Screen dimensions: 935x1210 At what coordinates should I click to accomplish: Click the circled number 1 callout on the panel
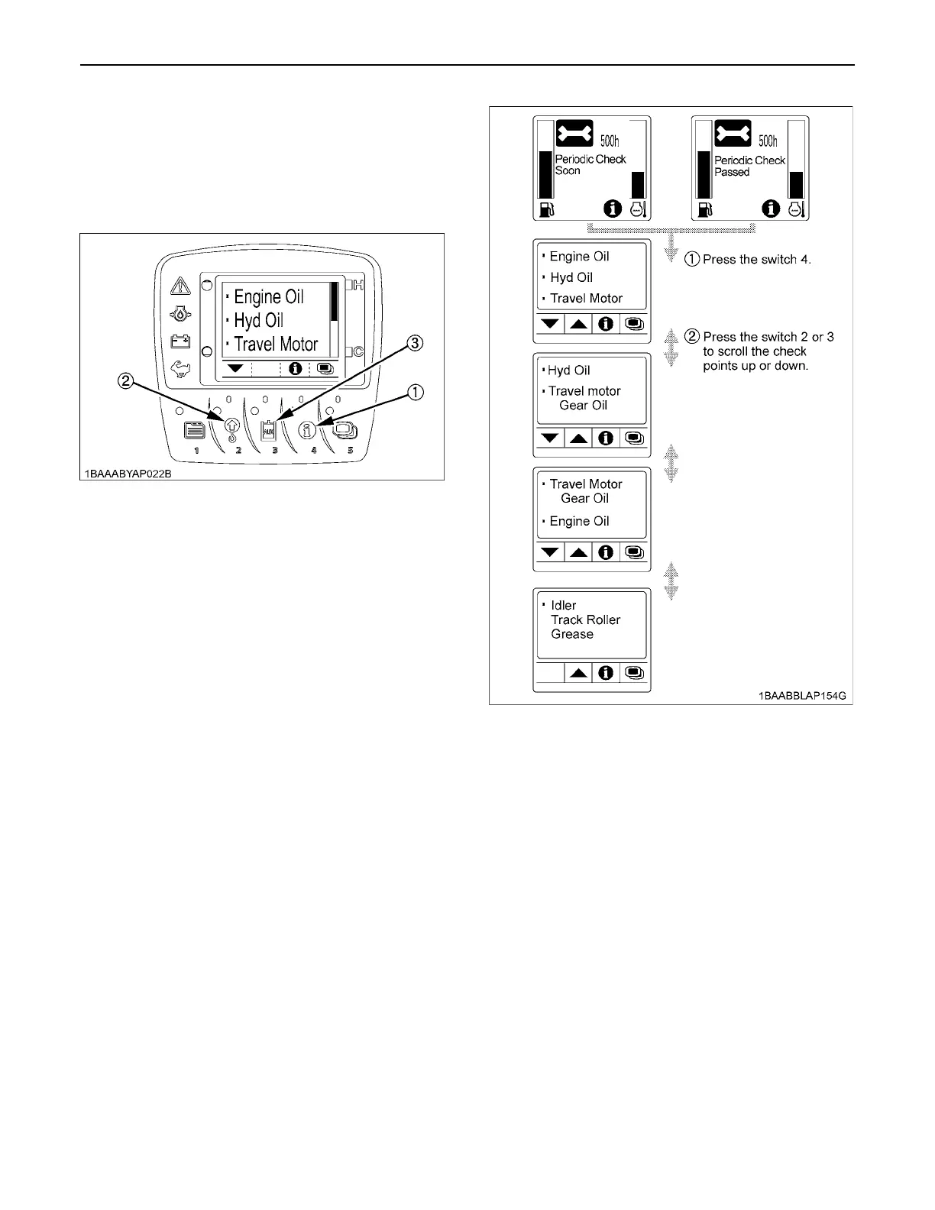(415, 393)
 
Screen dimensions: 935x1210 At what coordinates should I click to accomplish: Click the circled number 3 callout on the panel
(415, 343)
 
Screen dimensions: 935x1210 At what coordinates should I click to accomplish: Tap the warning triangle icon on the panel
(180, 286)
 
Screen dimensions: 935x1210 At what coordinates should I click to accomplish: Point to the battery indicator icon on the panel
(180, 341)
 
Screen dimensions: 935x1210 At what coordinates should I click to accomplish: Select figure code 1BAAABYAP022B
(128, 474)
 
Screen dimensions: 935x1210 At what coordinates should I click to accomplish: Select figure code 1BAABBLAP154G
(802, 697)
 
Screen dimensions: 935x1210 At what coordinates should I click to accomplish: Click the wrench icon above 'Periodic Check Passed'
(733, 134)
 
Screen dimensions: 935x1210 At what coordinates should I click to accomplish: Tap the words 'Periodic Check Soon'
(590, 165)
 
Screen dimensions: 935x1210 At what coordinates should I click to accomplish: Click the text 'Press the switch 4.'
(756, 260)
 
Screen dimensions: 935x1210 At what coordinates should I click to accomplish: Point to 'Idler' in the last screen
(564, 606)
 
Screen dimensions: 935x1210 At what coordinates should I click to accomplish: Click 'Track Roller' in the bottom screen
(585, 620)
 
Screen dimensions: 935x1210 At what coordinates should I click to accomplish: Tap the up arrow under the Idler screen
(579, 673)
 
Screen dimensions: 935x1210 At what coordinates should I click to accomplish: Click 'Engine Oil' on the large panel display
(268, 297)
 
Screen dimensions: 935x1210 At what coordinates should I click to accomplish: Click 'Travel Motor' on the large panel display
(275, 345)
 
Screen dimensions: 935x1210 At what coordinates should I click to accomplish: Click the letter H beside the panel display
(357, 286)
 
